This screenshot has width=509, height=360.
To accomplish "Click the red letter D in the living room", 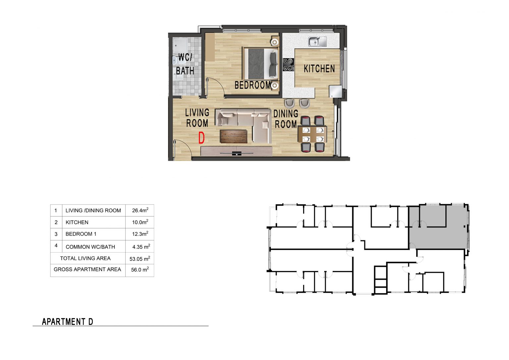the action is tap(201, 138).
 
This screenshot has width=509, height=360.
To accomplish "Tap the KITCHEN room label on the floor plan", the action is tap(319, 69).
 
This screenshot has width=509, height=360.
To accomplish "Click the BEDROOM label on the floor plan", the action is tap(253, 85).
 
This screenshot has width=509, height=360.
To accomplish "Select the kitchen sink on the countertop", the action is tap(317, 41).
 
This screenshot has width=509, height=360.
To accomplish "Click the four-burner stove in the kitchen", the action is tap(288, 65).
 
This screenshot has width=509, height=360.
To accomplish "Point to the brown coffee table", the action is tap(234, 136).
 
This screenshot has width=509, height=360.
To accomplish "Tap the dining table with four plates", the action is tap(312, 134).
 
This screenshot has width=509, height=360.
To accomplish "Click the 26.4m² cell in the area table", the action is tap(140, 210).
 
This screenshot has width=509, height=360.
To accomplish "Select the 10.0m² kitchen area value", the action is tap(140, 222).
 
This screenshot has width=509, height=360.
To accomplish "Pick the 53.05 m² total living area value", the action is tap(140, 259).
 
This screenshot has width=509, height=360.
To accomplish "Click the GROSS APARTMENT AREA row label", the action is tap(87, 269).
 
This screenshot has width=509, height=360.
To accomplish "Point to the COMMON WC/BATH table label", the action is tap(90, 247).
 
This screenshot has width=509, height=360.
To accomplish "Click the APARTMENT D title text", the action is tap(68, 322).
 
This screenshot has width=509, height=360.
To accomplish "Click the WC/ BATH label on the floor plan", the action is tap(185, 64).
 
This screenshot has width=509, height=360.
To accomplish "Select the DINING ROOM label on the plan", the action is tap(286, 119).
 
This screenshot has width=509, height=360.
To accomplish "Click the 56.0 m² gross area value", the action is tap(140, 270).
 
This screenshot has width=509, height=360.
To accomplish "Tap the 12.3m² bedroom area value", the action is tap(140, 234).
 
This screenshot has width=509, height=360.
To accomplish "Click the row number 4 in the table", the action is tap(56, 245).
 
